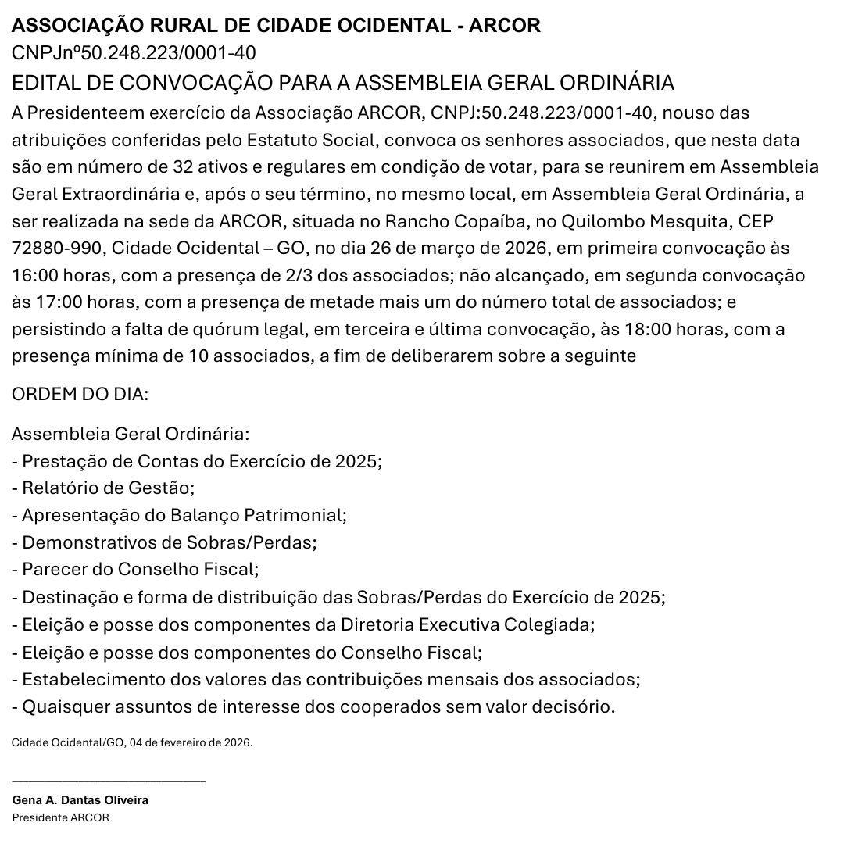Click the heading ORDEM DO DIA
coord(80,394)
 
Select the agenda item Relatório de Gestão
coord(107,488)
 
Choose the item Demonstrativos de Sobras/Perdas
coord(169,542)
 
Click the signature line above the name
coord(109,780)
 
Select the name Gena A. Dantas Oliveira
coord(80,800)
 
